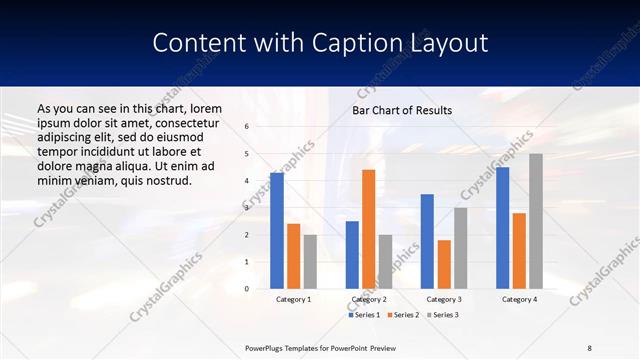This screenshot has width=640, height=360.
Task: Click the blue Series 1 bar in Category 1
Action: point(277,231)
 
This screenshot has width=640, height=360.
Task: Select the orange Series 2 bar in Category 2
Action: point(368,229)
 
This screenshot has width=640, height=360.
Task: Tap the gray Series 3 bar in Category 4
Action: point(536,221)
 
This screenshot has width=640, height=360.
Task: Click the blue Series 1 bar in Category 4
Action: point(502,228)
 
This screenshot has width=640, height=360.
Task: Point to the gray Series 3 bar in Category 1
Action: point(310,262)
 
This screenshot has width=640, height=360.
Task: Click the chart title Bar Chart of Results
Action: point(402,110)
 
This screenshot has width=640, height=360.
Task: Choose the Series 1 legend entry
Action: point(364,315)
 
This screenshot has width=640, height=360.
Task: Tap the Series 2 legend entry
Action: point(403,315)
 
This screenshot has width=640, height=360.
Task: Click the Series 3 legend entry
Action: point(442,315)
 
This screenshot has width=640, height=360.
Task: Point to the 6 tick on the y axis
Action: point(247,127)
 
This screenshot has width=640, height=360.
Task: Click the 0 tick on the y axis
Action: point(247,289)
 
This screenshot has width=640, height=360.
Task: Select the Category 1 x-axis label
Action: point(293,299)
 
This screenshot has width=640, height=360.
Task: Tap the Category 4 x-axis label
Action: point(519,299)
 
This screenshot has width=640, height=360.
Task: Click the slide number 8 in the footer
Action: point(590,347)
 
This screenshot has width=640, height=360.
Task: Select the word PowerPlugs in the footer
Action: point(268,347)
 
